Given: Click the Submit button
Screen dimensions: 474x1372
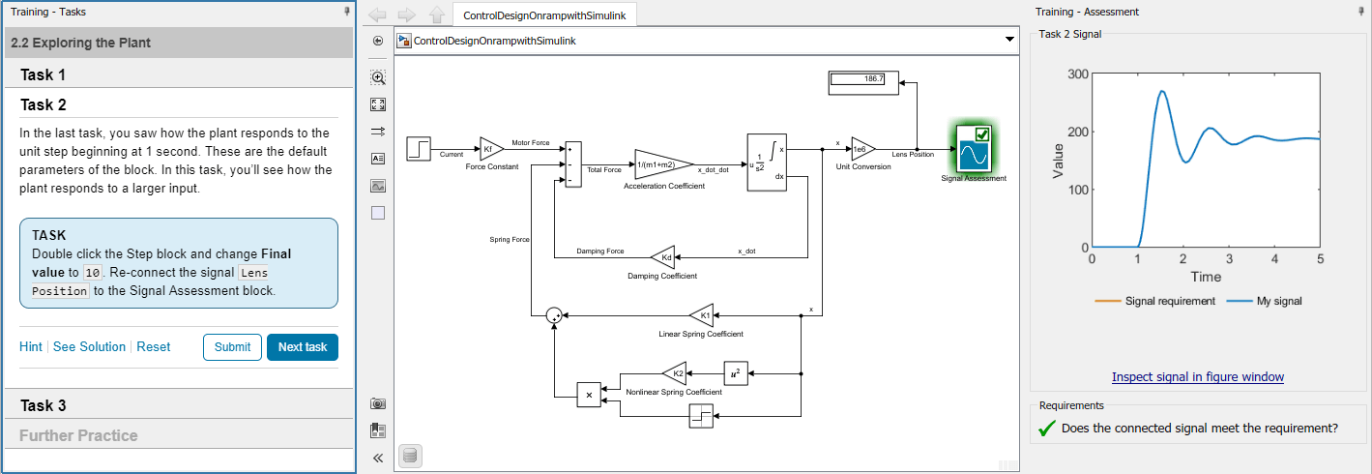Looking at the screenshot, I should point(232,347).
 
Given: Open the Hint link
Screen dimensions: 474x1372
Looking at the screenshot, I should point(31,347).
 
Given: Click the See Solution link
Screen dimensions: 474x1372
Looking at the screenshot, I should point(89,347).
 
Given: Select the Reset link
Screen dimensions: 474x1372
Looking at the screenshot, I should point(153,347).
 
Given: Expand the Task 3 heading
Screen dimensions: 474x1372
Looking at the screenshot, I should point(44,405).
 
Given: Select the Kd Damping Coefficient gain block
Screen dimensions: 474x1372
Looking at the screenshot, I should point(663,257).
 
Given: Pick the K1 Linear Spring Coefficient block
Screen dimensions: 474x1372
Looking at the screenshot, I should point(702,314).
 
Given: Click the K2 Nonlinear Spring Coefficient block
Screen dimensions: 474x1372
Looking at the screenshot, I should point(674,373).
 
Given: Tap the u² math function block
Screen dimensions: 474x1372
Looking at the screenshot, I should point(736,373).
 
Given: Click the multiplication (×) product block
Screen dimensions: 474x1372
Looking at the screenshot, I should point(589,395).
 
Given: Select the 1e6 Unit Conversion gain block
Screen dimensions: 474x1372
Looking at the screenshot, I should point(862,148).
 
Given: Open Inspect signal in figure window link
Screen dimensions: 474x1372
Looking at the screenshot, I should point(1197,376).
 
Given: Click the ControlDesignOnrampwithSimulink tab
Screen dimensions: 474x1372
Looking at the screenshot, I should point(543,15).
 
